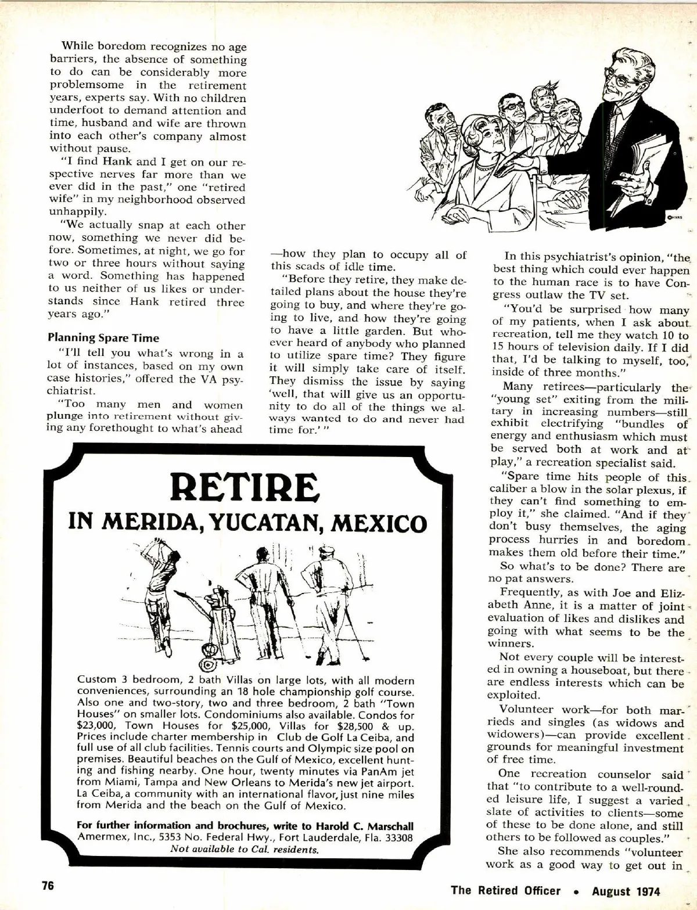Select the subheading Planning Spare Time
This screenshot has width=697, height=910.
point(103,337)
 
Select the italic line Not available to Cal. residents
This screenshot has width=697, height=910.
point(244,848)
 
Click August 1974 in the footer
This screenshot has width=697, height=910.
point(626,891)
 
